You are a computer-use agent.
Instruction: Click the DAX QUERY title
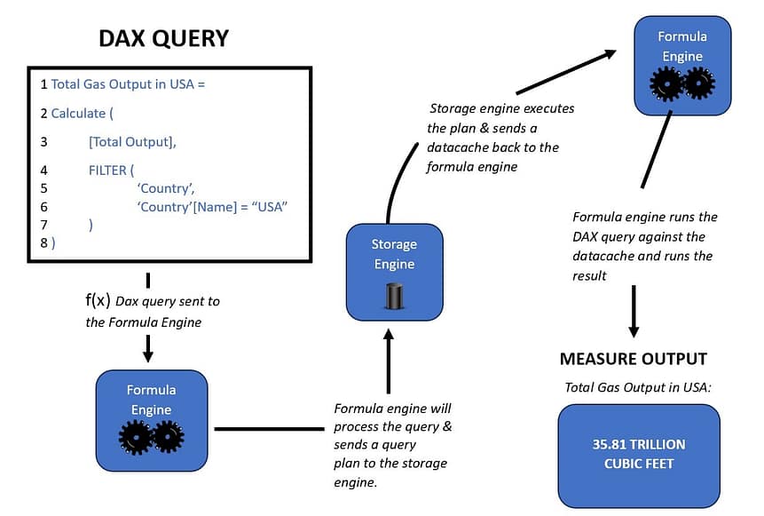click(163, 38)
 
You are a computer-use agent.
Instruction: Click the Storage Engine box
click(393, 271)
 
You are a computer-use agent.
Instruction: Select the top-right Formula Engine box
click(681, 64)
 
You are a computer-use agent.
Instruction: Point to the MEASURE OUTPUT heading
click(633, 359)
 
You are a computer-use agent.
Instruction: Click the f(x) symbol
click(98, 300)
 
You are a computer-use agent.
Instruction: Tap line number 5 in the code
click(43, 188)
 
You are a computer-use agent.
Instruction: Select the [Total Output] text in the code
click(132, 141)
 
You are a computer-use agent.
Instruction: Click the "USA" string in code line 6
click(271, 206)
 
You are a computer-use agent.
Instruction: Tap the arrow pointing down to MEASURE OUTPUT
click(634, 312)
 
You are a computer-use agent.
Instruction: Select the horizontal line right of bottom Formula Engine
click(269, 429)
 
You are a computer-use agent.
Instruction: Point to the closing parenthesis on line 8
click(53, 242)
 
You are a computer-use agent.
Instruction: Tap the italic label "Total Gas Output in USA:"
click(637, 387)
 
